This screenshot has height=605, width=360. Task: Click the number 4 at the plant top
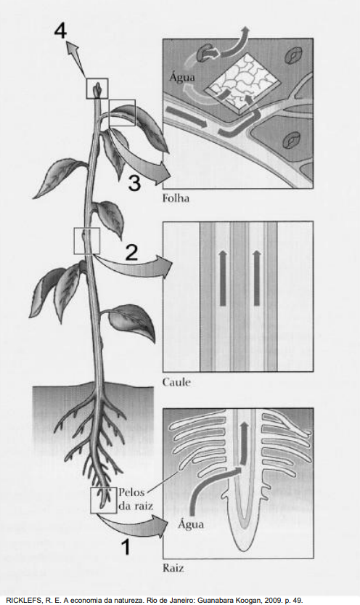(60, 30)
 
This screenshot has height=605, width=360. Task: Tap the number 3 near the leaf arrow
(134, 182)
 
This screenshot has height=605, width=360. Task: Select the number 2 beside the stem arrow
(132, 252)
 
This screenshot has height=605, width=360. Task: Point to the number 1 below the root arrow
(126, 547)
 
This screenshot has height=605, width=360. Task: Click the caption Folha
(176, 198)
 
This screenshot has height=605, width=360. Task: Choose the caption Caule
(176, 382)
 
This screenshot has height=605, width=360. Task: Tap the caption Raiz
(173, 567)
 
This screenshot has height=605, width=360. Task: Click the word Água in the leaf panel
(182, 77)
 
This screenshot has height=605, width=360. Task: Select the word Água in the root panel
(191, 524)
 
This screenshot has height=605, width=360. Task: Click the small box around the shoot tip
(97, 89)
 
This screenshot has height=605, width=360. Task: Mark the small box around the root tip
(103, 500)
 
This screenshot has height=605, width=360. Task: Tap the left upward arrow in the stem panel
(223, 277)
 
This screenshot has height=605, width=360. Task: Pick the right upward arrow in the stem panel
(257, 277)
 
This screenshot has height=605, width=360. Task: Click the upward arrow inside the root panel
(244, 443)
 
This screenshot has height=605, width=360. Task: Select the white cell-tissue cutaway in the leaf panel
(241, 85)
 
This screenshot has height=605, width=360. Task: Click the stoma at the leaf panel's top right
(293, 55)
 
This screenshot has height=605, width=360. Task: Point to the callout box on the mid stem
(86, 241)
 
